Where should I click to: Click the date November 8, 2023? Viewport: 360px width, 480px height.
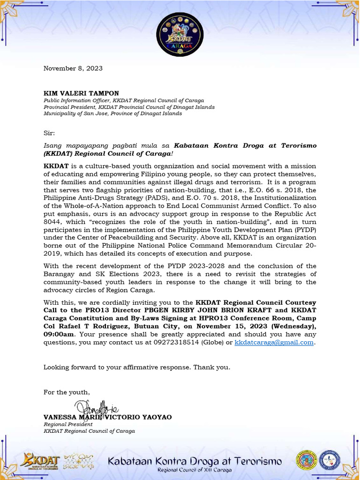[x=73, y=68]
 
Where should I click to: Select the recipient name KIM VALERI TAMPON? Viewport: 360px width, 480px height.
[x=81, y=93]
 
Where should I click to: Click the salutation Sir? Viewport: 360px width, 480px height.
[x=49, y=133]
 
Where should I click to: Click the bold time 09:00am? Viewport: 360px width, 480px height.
[x=59, y=334]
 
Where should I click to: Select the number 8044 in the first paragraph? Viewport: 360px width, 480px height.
[x=52, y=224]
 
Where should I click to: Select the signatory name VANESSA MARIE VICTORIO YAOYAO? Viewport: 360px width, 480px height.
[x=107, y=417]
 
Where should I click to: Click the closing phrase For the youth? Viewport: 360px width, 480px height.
[x=67, y=392]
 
